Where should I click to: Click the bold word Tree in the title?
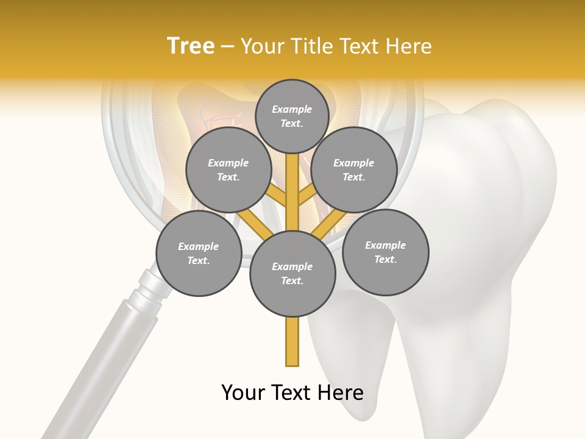(191, 46)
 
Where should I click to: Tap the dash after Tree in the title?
(227, 47)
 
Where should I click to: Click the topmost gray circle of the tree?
(292, 116)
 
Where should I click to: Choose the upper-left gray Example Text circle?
(229, 170)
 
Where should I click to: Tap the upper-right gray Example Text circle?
(354, 170)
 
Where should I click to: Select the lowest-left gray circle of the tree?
(199, 254)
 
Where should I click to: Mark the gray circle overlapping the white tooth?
(386, 252)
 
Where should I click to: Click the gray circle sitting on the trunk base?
(292, 274)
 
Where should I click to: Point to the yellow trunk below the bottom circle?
(292, 341)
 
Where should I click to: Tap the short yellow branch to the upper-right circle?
(307, 197)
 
